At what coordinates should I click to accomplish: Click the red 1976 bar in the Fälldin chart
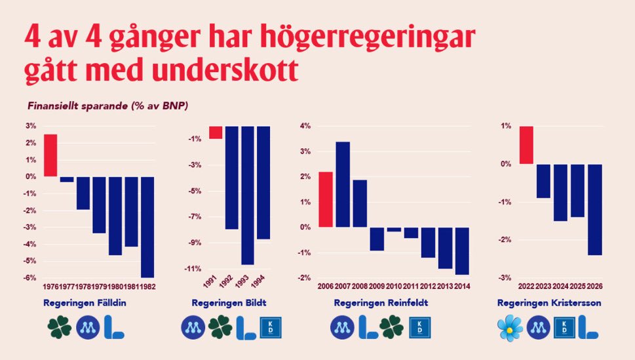(50, 155)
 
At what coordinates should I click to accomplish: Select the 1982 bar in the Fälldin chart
(147, 227)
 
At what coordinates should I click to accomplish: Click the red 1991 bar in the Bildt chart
(216, 132)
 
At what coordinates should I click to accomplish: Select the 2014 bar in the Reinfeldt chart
(462, 250)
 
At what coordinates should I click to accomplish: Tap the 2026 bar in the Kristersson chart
(595, 209)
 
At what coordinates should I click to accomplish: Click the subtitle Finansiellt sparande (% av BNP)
(107, 105)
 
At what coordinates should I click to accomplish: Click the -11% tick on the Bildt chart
(193, 269)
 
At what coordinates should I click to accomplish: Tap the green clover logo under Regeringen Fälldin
(60, 327)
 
